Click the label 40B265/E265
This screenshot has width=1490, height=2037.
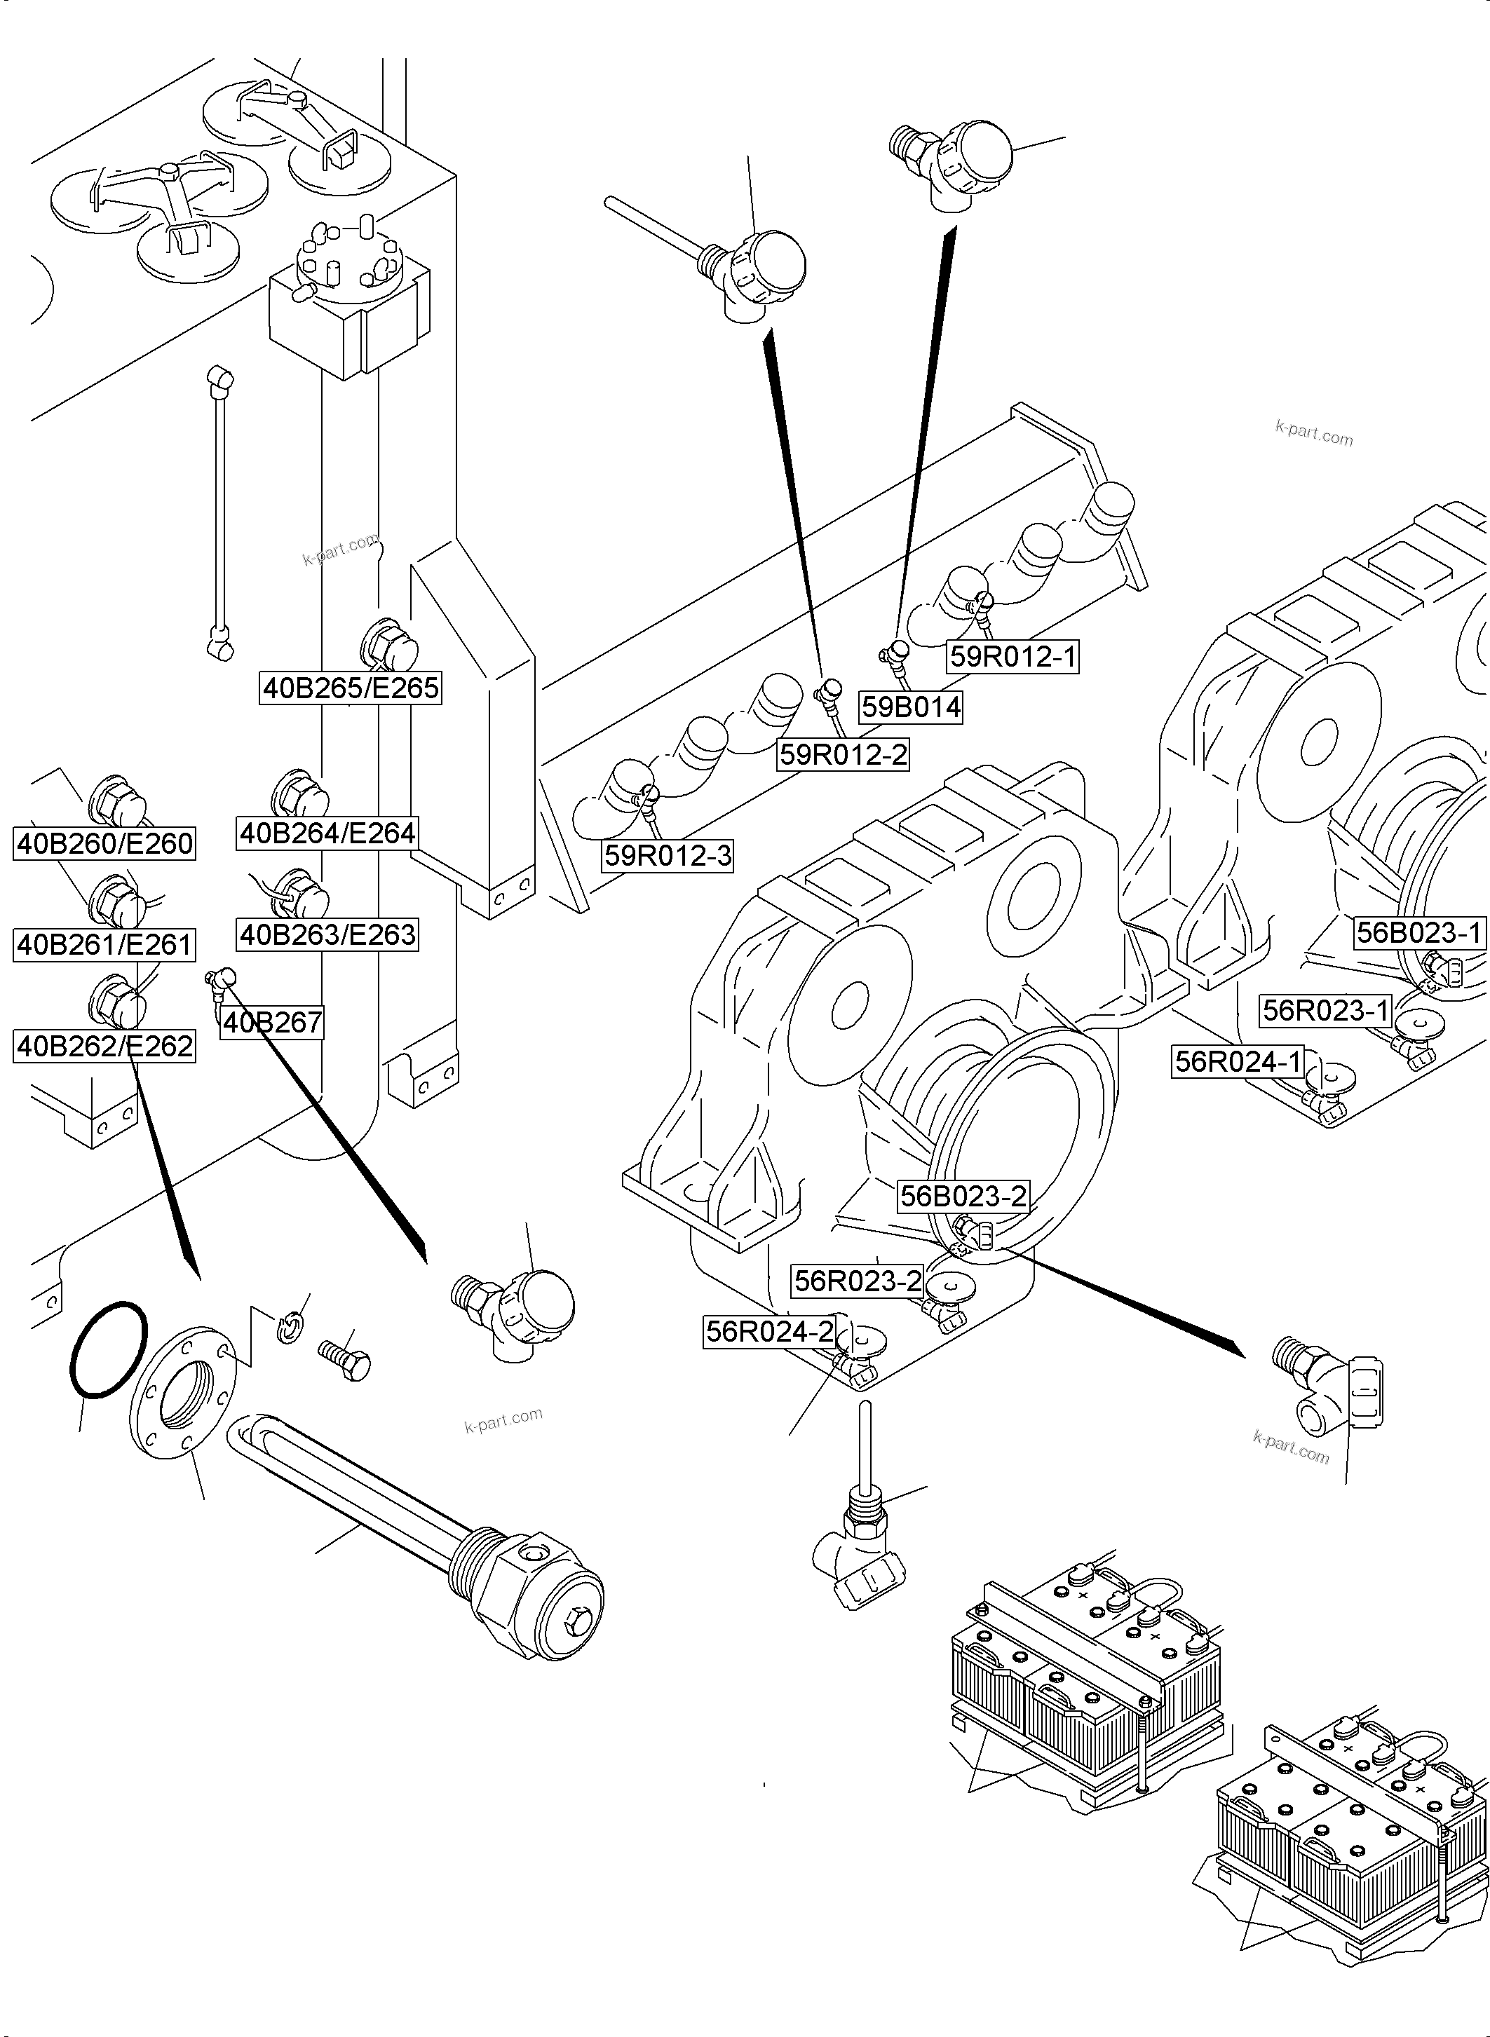[350, 688]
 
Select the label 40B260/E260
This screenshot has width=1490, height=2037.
[104, 844]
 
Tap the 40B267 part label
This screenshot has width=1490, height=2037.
[271, 1023]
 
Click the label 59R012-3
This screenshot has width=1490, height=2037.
[668, 855]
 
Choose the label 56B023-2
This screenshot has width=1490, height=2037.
[963, 1197]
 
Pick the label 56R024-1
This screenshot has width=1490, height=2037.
[1238, 1061]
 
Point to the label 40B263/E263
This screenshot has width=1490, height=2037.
[327, 934]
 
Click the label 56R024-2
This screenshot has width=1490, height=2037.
[769, 1331]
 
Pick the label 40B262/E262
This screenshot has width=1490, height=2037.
[104, 1046]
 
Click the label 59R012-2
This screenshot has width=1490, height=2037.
[842, 754]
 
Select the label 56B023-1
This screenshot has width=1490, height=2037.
[1418, 932]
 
